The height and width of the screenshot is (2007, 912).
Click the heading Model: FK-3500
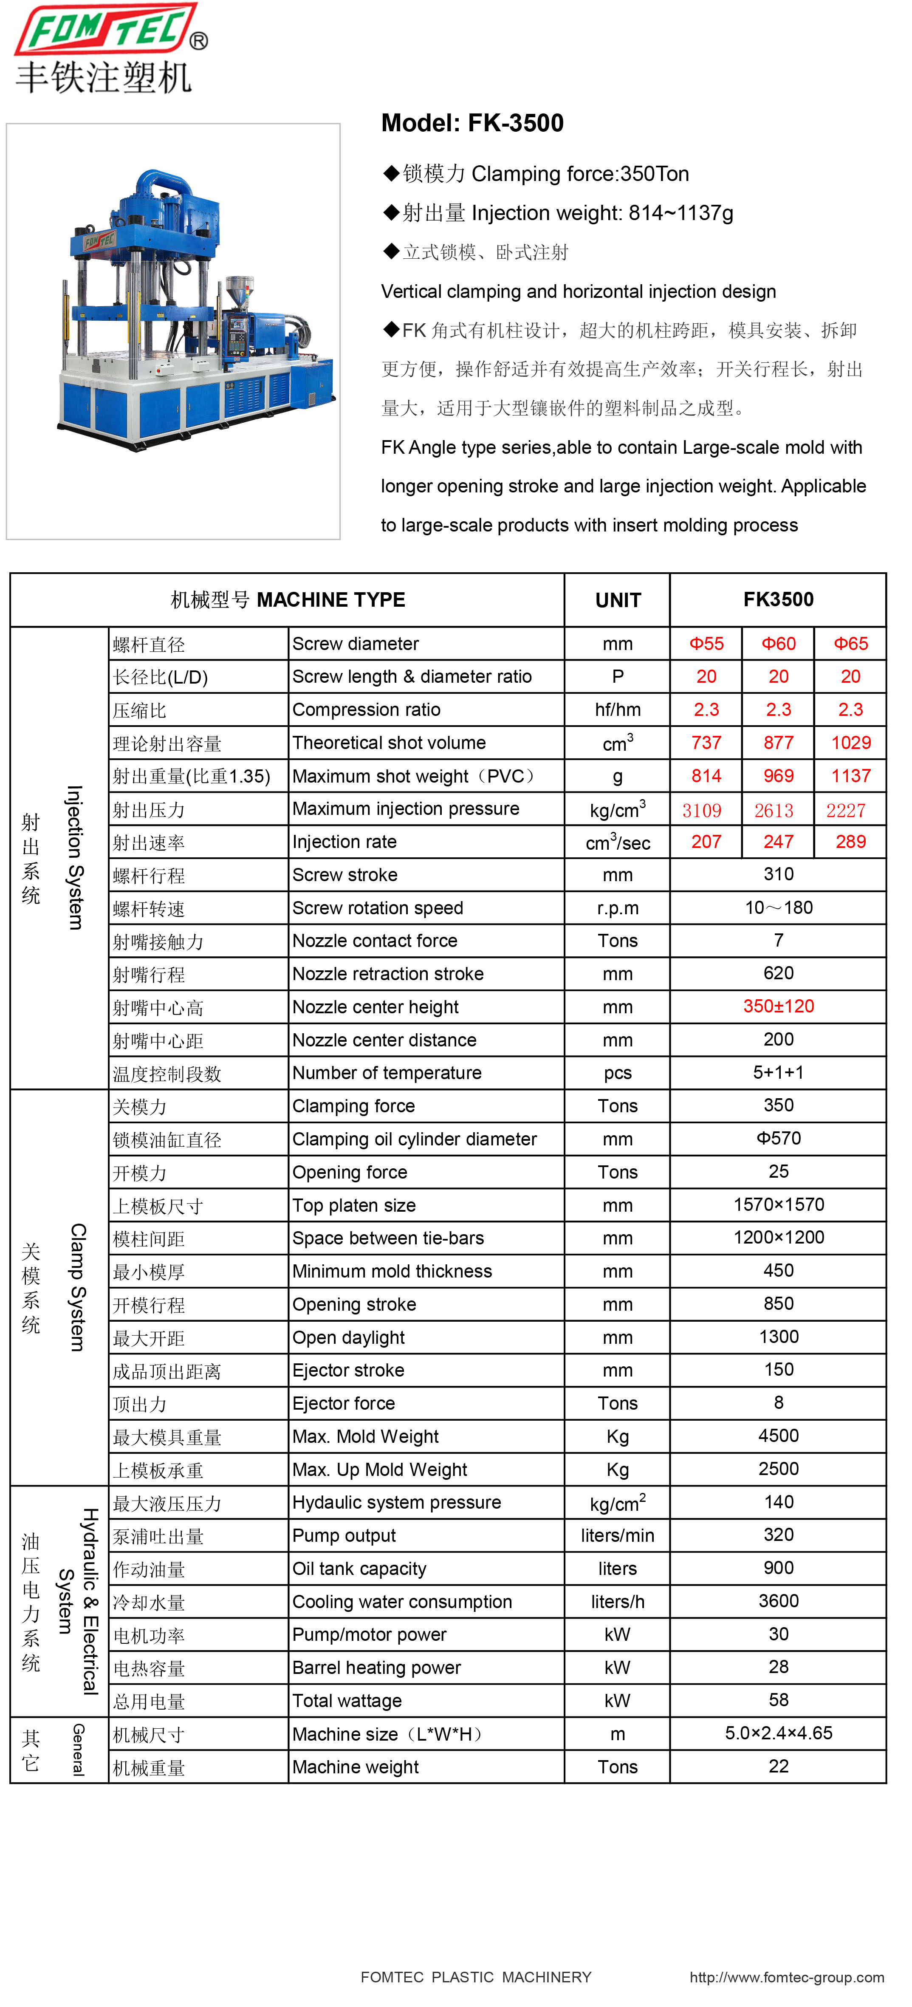(472, 123)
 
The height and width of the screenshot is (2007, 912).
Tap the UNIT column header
(618, 600)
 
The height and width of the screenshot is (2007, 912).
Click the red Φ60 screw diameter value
(778, 644)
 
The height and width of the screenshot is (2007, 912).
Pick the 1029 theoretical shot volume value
(850, 743)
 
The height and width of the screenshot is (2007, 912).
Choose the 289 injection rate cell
(850, 842)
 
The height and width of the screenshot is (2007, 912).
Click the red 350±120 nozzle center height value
(778, 1006)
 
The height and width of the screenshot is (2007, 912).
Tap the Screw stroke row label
(345, 875)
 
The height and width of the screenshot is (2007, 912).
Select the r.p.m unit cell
(618, 908)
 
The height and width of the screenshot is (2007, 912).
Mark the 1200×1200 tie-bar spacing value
(778, 1237)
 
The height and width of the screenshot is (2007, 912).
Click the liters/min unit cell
(618, 1536)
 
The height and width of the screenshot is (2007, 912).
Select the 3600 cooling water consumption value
(778, 1601)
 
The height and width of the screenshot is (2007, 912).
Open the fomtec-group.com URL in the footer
(787, 1977)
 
